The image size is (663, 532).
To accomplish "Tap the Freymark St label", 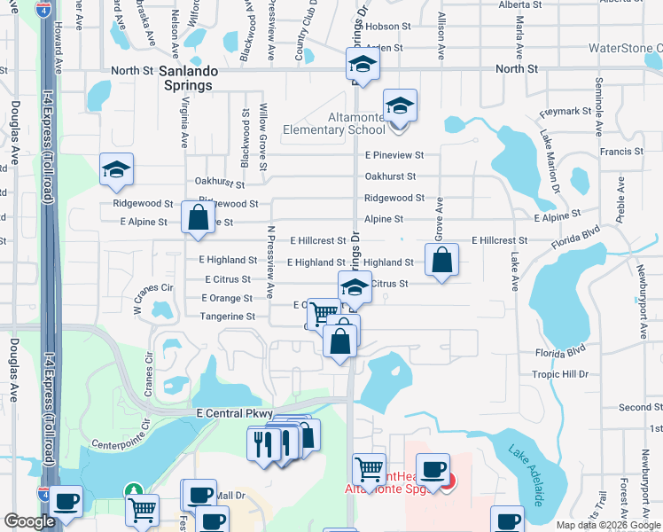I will [x=565, y=112].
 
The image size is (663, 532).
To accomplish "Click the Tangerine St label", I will [x=228, y=316].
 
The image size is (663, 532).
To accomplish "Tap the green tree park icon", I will [x=133, y=490].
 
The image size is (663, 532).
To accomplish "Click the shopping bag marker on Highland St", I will [x=441, y=261].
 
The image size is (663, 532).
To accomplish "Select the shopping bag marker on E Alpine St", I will [x=198, y=217].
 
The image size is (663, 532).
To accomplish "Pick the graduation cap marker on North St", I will [x=362, y=65].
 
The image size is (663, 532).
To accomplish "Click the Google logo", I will [x=29, y=521].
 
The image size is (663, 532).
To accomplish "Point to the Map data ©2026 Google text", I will [x=608, y=525].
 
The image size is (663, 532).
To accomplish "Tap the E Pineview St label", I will [x=394, y=154].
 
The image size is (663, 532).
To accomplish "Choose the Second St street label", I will [x=635, y=407].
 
